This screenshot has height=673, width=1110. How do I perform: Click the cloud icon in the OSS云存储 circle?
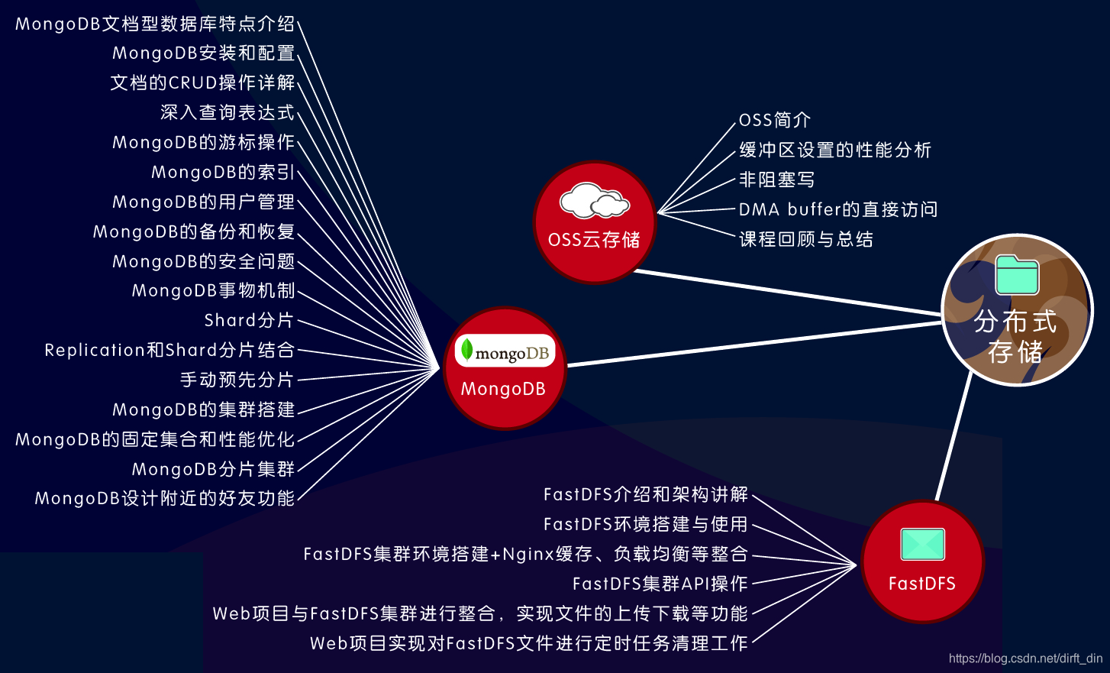[595, 201]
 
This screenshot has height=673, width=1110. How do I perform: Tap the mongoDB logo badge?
[505, 352]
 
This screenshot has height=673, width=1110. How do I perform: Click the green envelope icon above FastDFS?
[922, 545]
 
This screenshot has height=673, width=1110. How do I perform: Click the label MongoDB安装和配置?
[203, 53]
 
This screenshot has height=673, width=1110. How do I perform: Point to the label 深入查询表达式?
[227, 113]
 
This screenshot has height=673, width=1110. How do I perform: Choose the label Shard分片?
[249, 321]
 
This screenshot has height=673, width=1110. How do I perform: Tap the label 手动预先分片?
[237, 380]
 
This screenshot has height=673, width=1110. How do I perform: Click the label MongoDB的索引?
[223, 173]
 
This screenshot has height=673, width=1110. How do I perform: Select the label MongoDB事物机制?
[213, 291]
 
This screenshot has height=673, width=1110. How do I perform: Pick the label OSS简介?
[775, 121]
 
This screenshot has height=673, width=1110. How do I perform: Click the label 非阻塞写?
[777, 180]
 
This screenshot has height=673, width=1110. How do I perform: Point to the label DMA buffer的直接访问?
[838, 210]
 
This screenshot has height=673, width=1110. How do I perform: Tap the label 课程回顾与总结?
[806, 240]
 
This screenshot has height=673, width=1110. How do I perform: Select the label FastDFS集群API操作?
[660, 584]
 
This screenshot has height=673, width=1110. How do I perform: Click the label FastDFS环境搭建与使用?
[646, 525]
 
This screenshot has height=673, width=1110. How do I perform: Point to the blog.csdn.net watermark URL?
[1025, 658]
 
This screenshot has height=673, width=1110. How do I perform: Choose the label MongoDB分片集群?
[213, 470]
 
